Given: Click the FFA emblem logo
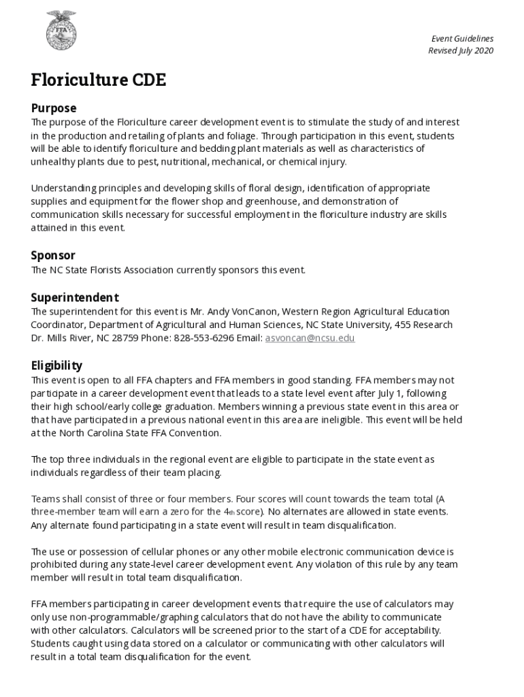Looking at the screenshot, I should tap(61, 31).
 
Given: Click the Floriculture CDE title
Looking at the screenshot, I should tap(98, 80).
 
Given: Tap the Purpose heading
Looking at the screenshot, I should tap(54, 108).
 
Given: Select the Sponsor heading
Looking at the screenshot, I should tap(53, 255).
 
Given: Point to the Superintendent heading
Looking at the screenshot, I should tap(75, 297).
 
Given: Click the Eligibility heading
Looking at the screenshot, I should tap(56, 366).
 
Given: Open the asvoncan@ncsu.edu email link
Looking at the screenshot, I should tap(310, 338).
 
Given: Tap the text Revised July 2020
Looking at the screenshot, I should tap(461, 51).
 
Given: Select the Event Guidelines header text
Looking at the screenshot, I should tap(463, 39).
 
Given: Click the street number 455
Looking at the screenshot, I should tap(403, 325).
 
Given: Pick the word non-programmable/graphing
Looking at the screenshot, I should tap(113, 617).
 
